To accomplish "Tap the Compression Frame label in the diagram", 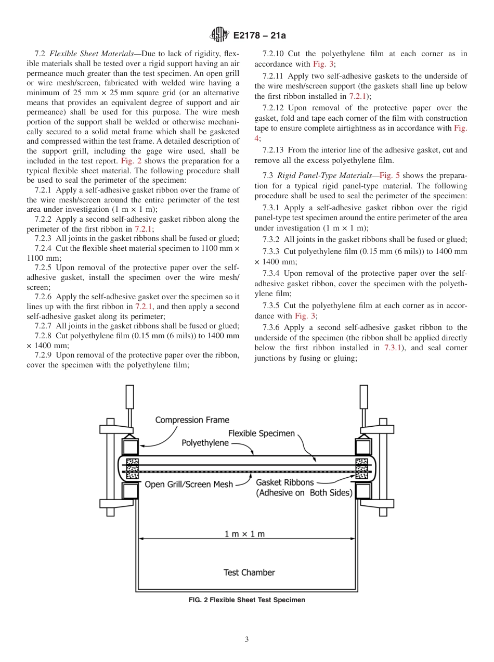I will [192, 420].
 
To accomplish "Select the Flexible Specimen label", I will [262, 433].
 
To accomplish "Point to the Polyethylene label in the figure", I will [205, 443].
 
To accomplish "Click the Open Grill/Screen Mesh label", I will [189, 485].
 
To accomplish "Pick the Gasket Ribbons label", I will [285, 482].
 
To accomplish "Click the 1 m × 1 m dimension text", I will [244, 534].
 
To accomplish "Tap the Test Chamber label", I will [249, 572].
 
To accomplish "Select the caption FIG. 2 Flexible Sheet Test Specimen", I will [246, 600].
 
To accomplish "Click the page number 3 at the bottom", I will [246, 640].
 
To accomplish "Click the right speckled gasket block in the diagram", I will [361, 468].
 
